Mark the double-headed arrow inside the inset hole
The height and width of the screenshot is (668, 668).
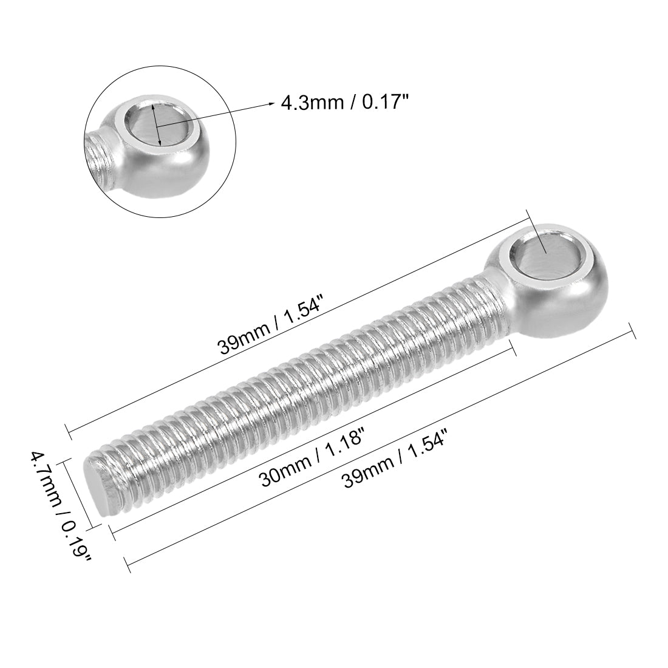(157, 124)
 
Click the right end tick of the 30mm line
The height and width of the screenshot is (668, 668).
(513, 349)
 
